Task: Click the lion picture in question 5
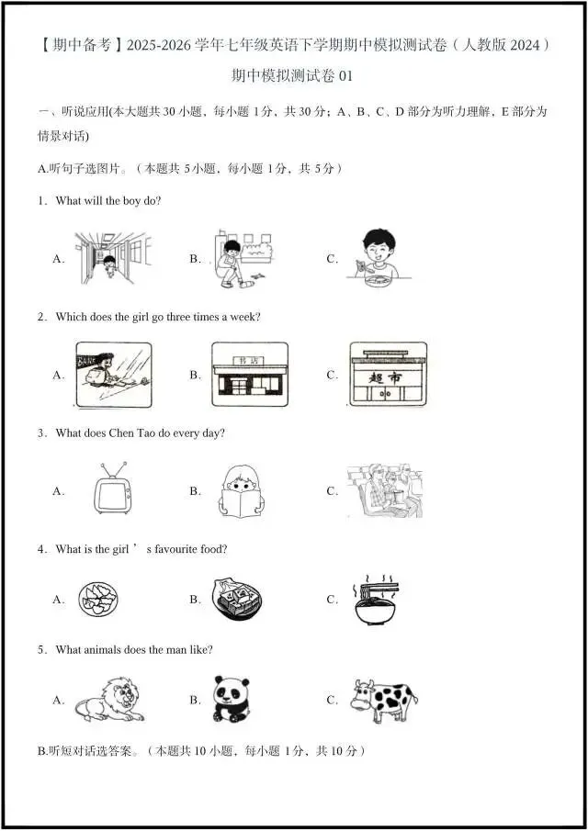pos(108,699)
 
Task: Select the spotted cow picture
pos(383,700)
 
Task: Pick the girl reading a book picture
pos(243,490)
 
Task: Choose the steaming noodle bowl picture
pos(377,599)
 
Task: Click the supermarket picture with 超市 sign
pos(388,374)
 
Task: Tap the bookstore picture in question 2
pos(249,374)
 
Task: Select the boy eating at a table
pos(378,255)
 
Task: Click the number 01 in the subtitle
pos(345,76)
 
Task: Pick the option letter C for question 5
pos(332,700)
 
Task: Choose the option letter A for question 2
pos(58,375)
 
